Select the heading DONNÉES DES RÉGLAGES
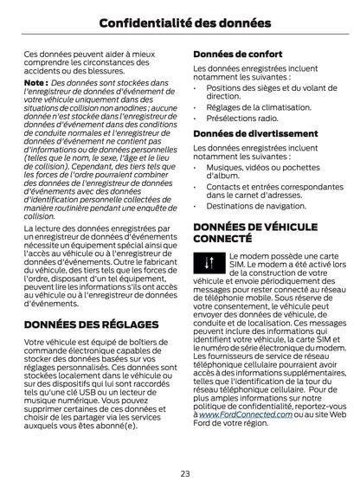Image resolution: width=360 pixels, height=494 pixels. point(91,324)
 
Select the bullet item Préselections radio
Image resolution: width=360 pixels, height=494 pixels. point(241,119)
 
